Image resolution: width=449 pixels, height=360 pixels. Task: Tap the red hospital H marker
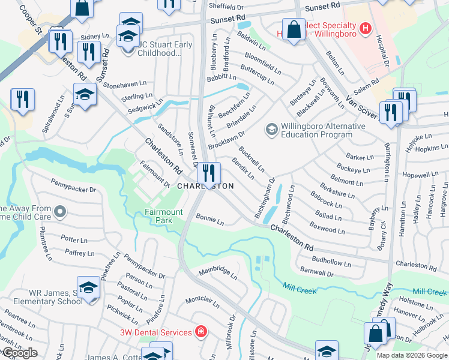coord(364,28)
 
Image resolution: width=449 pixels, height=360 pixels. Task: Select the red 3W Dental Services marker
coord(201,332)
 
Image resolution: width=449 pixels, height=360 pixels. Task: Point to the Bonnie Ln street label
coord(209,221)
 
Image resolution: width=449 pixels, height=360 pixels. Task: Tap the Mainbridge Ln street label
coord(218,274)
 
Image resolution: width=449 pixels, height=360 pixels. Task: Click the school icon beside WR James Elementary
coord(88,289)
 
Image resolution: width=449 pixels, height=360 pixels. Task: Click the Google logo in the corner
coord(19,353)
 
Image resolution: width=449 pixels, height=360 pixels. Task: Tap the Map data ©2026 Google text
coord(412,355)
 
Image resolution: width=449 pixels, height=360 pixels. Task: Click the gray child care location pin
coord(60,212)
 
